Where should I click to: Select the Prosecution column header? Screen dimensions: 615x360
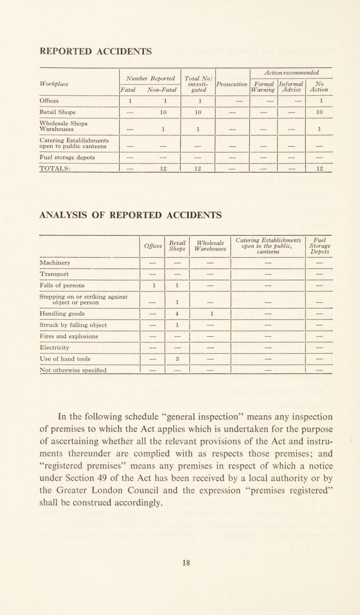click(232, 84)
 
